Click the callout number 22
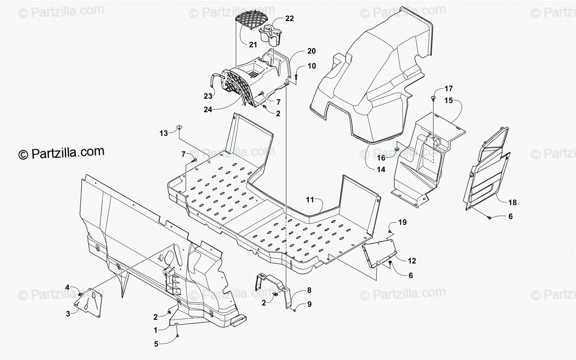pos(289,19)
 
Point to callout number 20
pos(312,51)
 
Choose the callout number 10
pos(312,66)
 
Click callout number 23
pos(208,96)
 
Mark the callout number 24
pos(208,109)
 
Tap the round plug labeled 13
pos(180,127)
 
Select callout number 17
pos(448,89)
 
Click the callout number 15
pos(448,101)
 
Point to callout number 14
pos(381,169)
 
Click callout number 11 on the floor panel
pos(309,199)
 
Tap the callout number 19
pos(402,222)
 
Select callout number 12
pos(412,261)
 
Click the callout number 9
pos(309,303)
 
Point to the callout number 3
pos(68,313)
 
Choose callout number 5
pos(156,343)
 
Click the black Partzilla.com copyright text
pos(61,153)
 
